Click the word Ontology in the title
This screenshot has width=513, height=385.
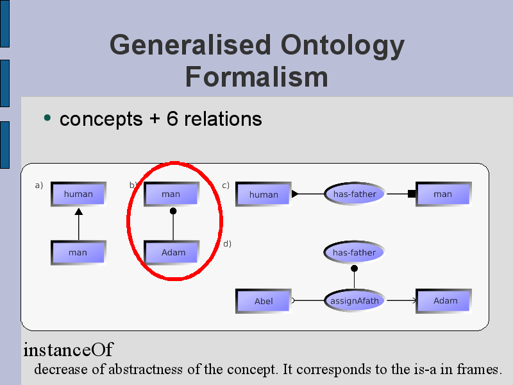pos(342,46)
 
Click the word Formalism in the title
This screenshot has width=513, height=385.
pos(256,77)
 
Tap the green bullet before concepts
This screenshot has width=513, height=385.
pos(47,117)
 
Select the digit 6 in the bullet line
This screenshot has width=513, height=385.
pos(172,118)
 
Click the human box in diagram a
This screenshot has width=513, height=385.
pos(78,194)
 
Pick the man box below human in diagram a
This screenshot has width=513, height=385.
pos(78,252)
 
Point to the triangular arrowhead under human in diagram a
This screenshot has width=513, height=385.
pos(78,212)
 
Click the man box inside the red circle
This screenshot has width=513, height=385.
pos(171,194)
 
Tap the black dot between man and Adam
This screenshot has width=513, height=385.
pos(173,211)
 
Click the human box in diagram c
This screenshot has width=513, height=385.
pos(264,194)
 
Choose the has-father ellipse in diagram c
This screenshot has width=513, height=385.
pos(355,194)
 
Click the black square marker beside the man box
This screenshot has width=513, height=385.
pos(412,194)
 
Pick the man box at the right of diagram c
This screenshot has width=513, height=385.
pos(443,194)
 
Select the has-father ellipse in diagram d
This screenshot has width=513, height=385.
pos(355,252)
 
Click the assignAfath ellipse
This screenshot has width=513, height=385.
pos(355,300)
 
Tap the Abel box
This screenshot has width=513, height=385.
pos(264,301)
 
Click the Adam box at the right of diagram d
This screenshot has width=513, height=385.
pos(443,301)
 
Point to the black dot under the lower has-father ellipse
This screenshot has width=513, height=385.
pos(354,268)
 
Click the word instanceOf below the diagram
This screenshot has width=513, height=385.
pos(69,350)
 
